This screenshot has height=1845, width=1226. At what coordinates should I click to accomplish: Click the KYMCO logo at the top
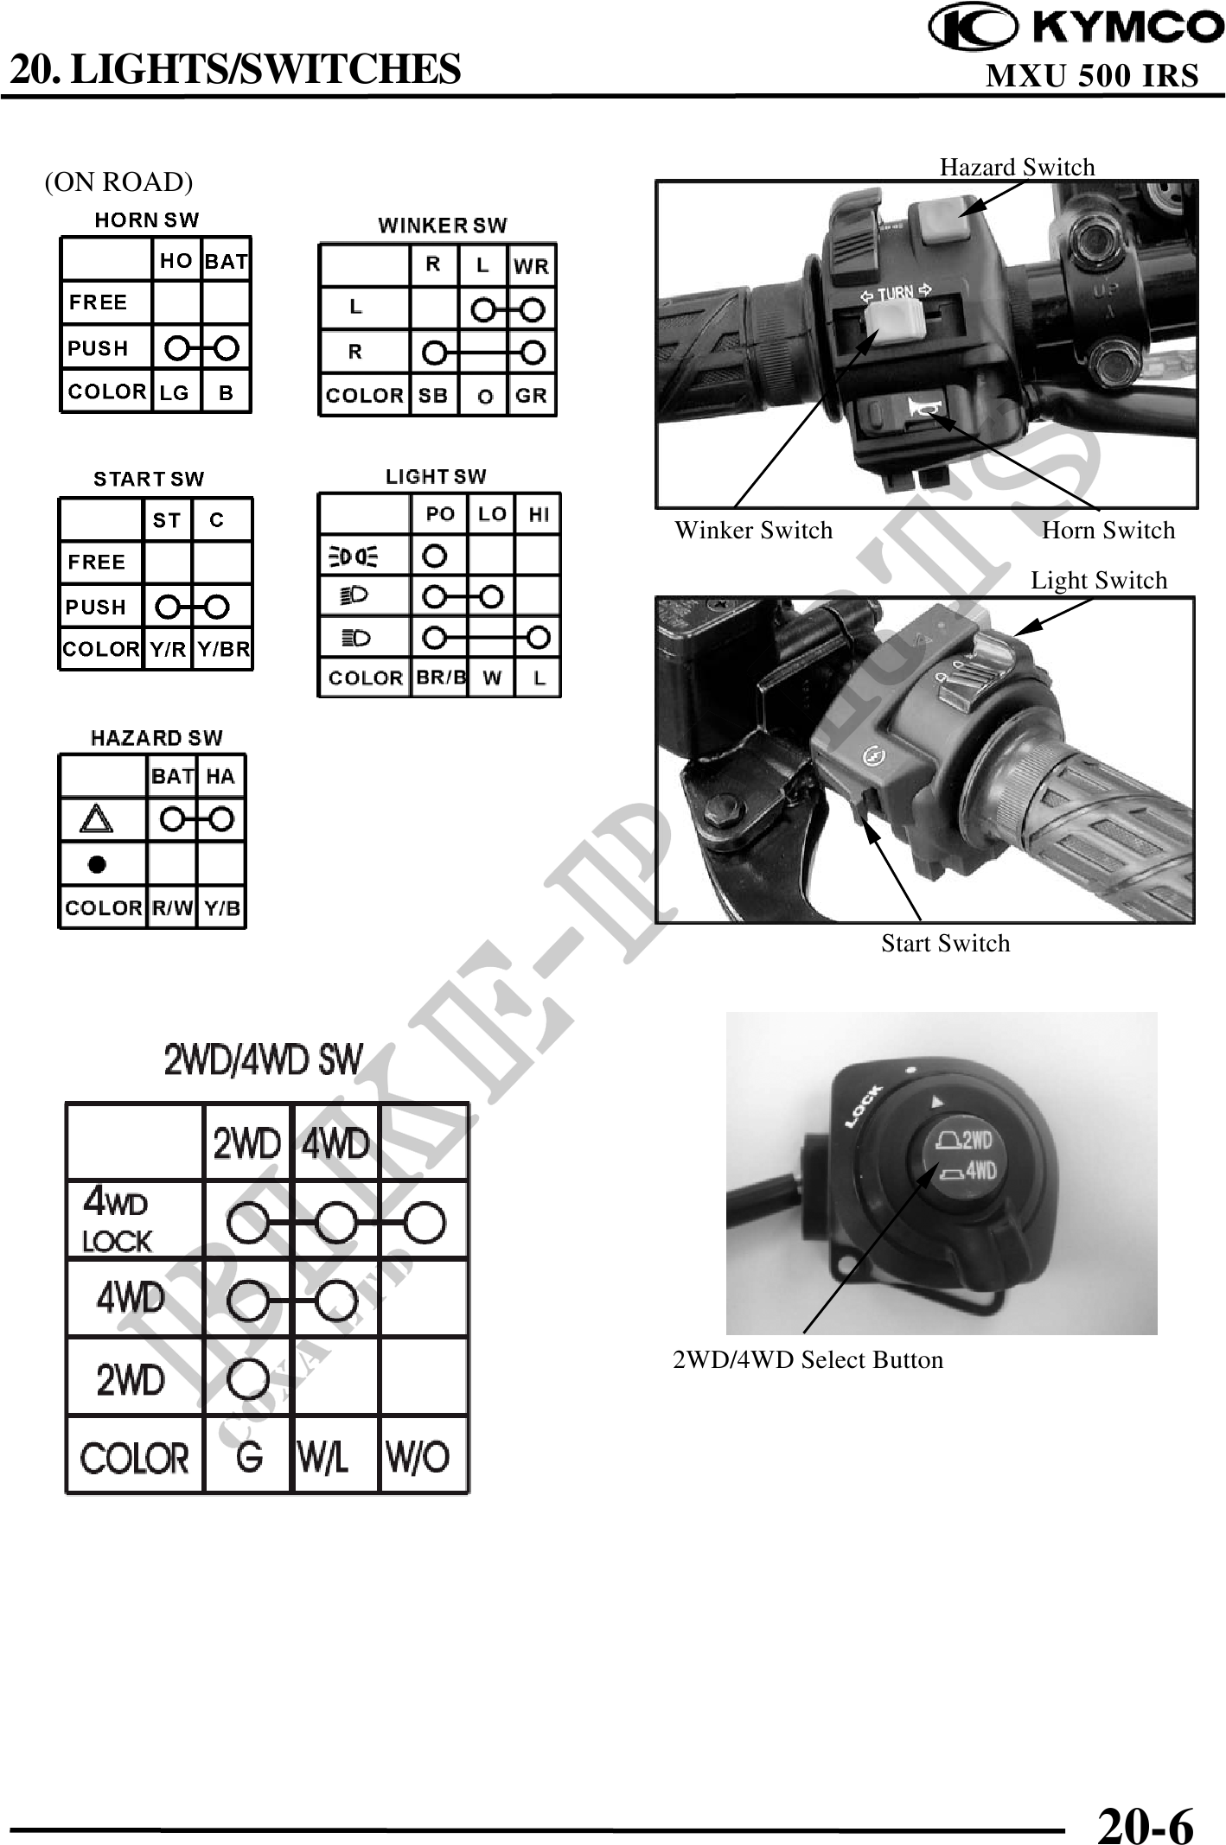coord(1076,28)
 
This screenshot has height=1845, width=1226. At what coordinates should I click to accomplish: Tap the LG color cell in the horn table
coord(175,392)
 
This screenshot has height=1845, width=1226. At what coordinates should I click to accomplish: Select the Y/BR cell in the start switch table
coord(223,649)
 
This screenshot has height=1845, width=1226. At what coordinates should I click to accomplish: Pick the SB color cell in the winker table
coord(433,396)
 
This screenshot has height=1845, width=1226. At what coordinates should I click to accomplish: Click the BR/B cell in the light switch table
coord(441,678)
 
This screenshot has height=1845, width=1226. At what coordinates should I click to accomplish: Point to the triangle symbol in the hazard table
coord(96,818)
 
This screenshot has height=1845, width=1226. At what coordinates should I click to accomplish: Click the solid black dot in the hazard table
coord(97,863)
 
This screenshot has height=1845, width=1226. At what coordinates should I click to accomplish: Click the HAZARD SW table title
coord(156,738)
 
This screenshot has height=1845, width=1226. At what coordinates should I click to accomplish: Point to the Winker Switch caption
coord(753,530)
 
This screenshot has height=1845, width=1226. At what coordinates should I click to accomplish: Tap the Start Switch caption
coord(945,943)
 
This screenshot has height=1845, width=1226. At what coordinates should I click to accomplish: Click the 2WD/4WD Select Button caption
coord(808,1359)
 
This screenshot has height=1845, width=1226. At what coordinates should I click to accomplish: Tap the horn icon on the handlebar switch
coord(921,405)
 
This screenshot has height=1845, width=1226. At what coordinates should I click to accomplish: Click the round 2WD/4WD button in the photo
coord(962,1159)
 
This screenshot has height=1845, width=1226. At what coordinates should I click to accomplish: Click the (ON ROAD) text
coord(119,182)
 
